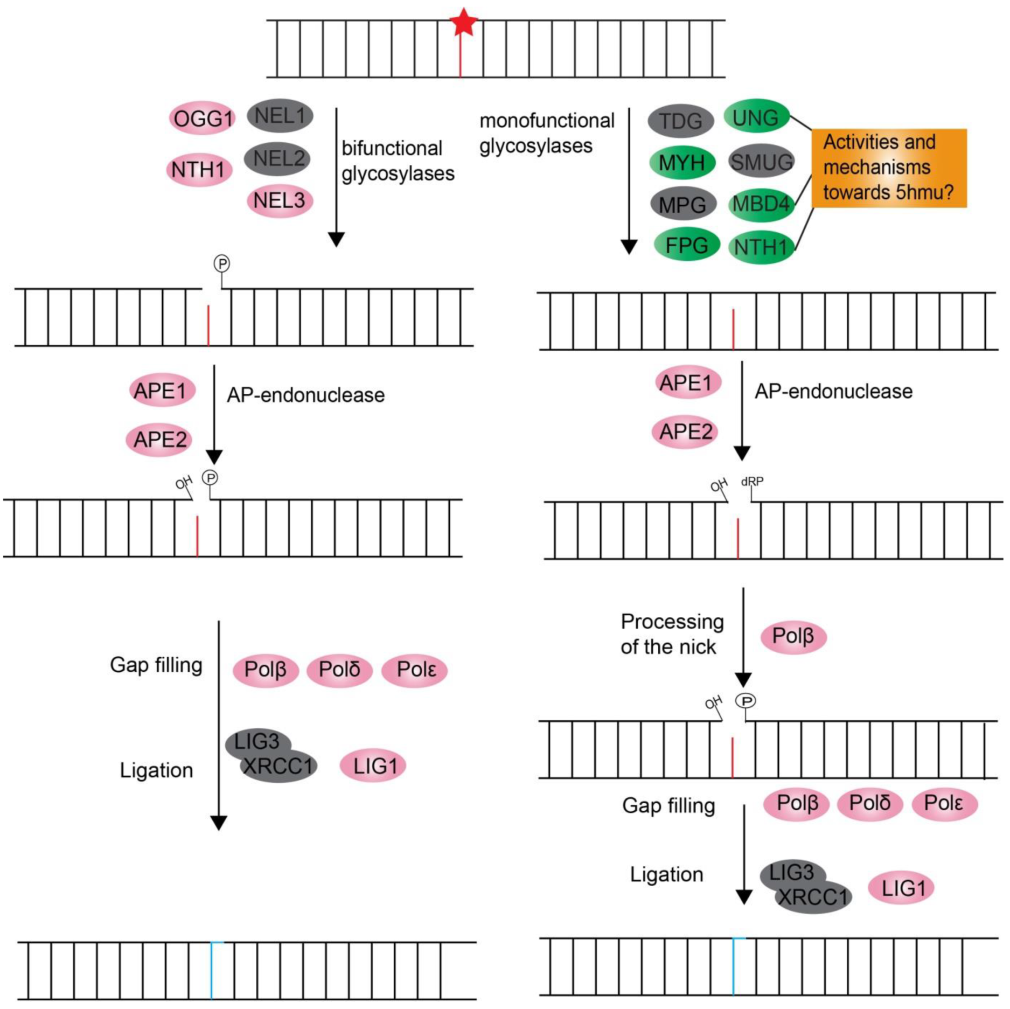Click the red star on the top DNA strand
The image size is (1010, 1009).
(x=463, y=23)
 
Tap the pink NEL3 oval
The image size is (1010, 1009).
(x=280, y=201)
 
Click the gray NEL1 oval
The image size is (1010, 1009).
(x=280, y=115)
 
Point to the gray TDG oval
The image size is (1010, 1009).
(x=681, y=121)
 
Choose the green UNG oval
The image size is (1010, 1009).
(x=756, y=117)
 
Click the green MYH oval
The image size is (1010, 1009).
(x=682, y=162)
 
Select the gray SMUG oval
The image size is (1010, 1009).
(x=761, y=161)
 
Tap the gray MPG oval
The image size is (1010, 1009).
(x=682, y=204)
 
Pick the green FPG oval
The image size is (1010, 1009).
(x=687, y=245)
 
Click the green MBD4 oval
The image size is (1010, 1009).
(x=761, y=204)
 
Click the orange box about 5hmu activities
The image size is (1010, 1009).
(x=889, y=168)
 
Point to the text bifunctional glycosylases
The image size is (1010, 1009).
(x=398, y=161)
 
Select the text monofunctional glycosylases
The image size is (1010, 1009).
(x=546, y=133)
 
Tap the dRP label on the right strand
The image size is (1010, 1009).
(x=753, y=481)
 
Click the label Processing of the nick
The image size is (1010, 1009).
(x=672, y=634)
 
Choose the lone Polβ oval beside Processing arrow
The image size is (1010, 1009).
(x=793, y=636)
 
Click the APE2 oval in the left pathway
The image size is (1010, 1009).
(x=160, y=440)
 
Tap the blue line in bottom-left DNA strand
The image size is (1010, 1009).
(x=211, y=970)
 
